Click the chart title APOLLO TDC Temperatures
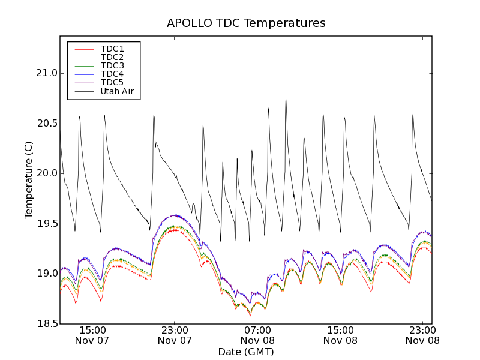[246, 23]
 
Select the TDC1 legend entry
[112, 49]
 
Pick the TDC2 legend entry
[112, 57]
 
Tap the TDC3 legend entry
[112, 65]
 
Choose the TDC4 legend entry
[112, 74]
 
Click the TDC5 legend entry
[112, 83]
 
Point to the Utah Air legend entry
[117, 91]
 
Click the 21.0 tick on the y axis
[46, 73]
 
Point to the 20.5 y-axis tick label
[46, 124]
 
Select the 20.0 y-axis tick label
[46, 173]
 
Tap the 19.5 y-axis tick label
[46, 224]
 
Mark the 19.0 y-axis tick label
[46, 274]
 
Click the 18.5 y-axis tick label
[46, 324]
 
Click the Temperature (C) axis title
[29, 180]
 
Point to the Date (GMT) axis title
[246, 352]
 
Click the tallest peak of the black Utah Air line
[286, 99]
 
